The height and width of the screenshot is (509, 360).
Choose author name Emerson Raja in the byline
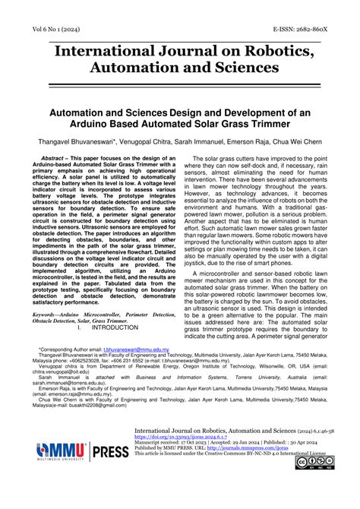point(245,141)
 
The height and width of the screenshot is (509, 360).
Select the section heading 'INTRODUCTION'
point(113,327)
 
